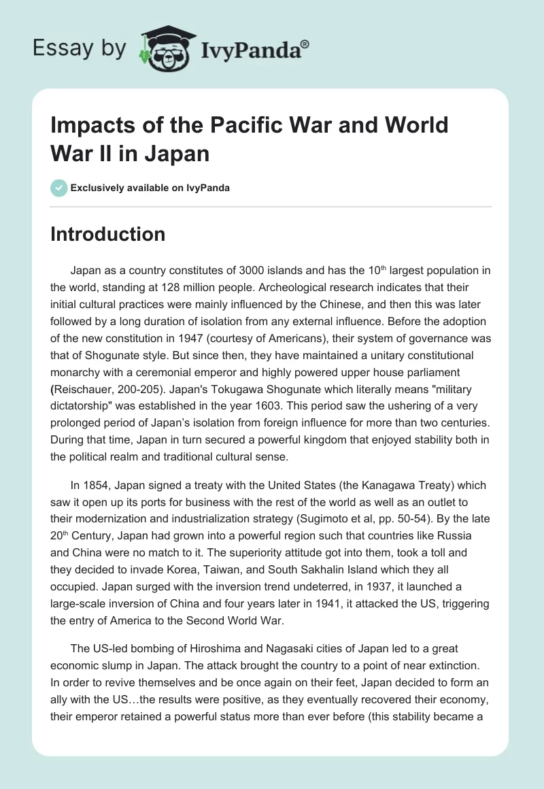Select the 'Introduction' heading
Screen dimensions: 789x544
pos(108,235)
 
